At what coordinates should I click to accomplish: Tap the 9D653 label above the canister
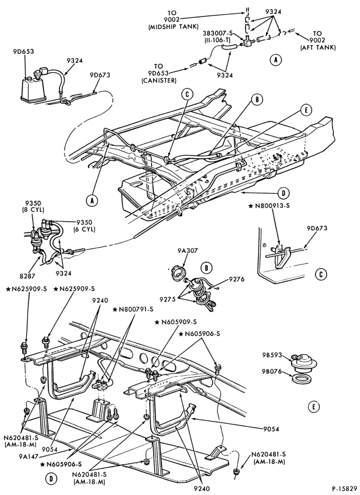pos(24,52)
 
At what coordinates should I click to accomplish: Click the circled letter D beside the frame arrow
pos(284,193)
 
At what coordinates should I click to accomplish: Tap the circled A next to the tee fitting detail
pos(275,60)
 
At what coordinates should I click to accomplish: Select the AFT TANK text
pos(317,48)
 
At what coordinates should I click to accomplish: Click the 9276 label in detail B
pos(237,279)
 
